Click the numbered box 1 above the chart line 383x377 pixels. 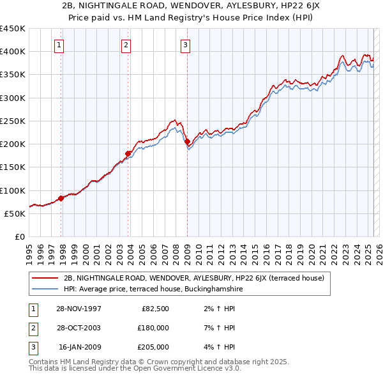[x=59, y=45]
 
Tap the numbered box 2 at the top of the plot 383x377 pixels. [x=126, y=45]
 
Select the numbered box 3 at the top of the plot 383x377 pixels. [x=184, y=45]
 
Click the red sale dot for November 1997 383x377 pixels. [x=61, y=198]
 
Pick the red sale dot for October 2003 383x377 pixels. [x=128, y=153]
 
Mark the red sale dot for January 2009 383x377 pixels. [x=187, y=142]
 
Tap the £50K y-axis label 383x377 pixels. [x=15, y=213]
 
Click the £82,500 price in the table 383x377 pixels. [x=156, y=309]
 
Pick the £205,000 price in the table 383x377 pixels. [x=153, y=347]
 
